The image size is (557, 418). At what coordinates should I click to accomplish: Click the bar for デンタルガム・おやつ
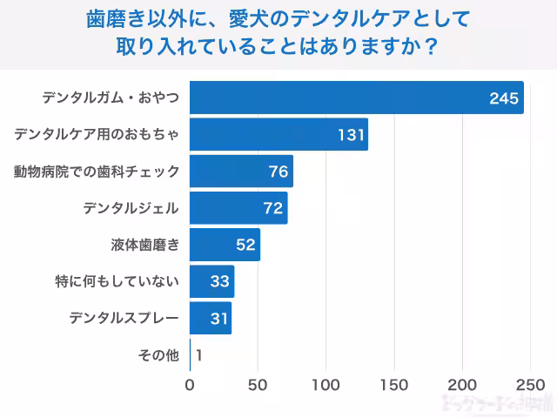coord(357,98)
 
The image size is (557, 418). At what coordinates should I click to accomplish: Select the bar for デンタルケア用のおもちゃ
coord(278,135)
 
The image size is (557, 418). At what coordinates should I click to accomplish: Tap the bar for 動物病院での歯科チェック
coord(241,172)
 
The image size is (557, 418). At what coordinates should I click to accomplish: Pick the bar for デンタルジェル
coord(238,208)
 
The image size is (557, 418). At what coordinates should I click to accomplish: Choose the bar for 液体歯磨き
coord(225,245)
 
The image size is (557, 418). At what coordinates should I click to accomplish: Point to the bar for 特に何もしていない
coord(211,282)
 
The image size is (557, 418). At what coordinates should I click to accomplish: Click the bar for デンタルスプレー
coord(211,319)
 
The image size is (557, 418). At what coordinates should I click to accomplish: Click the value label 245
coord(504,98)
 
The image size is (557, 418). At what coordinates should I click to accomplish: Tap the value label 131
coord(350,135)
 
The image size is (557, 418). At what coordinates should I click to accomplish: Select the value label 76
coord(278,172)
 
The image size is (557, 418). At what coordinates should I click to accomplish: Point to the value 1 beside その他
coord(199,355)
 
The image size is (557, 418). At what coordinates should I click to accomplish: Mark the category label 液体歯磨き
coord(145,246)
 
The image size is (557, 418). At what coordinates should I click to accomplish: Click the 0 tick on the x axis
coord(190,384)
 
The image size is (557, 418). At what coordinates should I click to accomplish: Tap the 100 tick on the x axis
coord(326,384)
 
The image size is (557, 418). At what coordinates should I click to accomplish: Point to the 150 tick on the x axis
coord(394,384)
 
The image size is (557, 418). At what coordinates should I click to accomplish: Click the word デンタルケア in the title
coord(335,17)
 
